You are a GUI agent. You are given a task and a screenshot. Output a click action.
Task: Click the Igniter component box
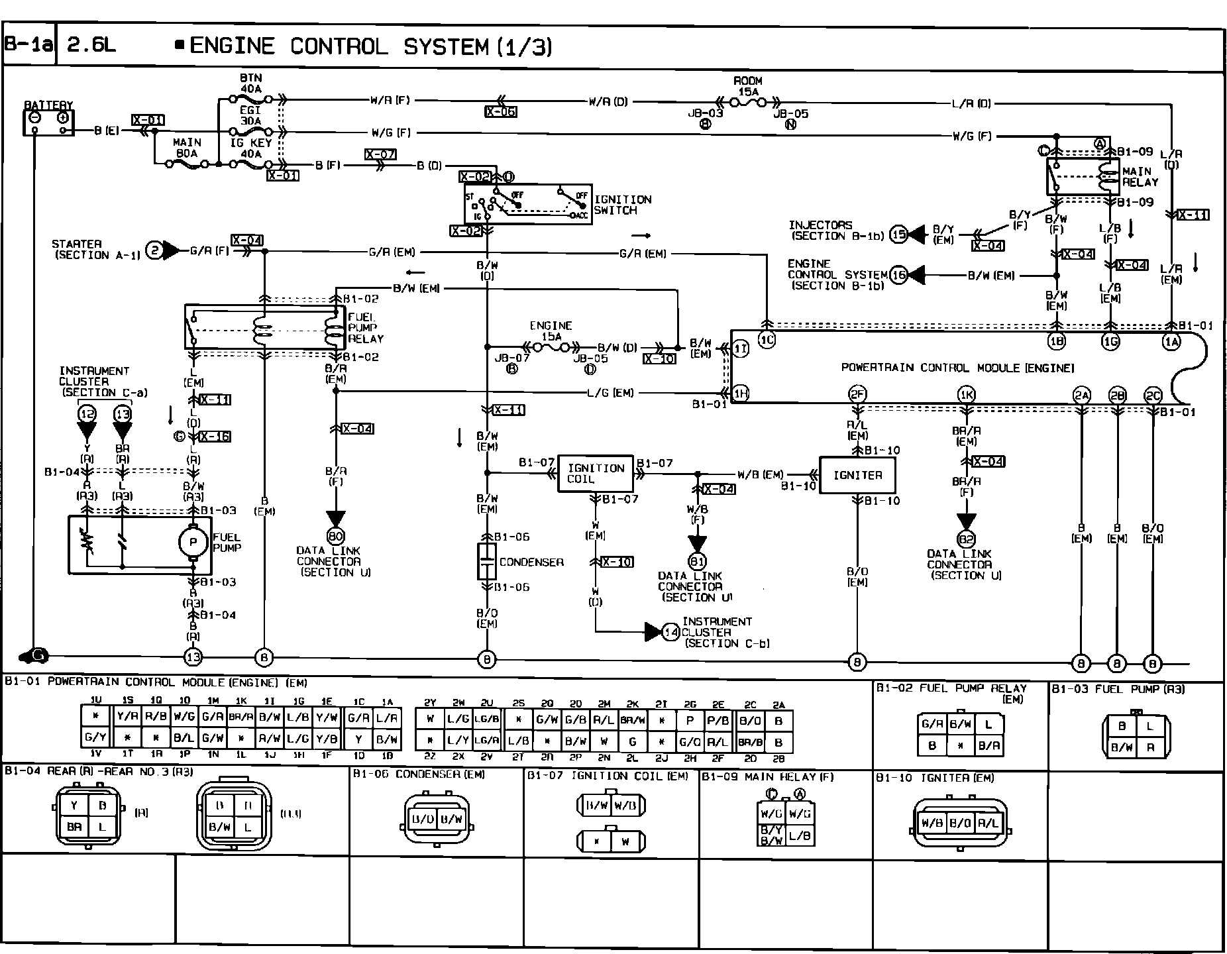click(858, 475)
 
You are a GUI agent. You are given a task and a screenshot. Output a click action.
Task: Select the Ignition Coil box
click(596, 473)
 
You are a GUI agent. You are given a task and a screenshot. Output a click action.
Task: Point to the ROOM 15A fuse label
click(747, 86)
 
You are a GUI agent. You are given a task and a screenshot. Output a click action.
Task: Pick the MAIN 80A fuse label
click(187, 148)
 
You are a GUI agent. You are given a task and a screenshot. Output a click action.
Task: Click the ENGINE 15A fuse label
click(551, 331)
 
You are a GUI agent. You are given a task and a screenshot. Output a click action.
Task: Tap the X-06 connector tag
click(500, 112)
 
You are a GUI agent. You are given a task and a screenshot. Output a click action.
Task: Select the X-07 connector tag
click(380, 154)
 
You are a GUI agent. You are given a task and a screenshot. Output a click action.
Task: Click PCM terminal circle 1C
click(767, 340)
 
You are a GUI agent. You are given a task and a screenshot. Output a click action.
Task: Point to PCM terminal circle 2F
click(857, 395)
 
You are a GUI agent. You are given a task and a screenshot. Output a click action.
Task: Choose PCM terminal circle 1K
click(967, 395)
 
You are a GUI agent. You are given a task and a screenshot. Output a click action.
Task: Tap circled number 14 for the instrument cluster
click(672, 632)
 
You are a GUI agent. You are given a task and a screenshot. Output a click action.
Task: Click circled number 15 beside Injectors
click(898, 234)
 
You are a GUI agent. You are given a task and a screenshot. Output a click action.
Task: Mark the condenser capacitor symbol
click(487, 562)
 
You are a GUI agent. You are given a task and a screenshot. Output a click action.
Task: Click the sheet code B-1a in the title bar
click(28, 46)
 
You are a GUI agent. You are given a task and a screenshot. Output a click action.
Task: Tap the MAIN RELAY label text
click(1140, 176)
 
